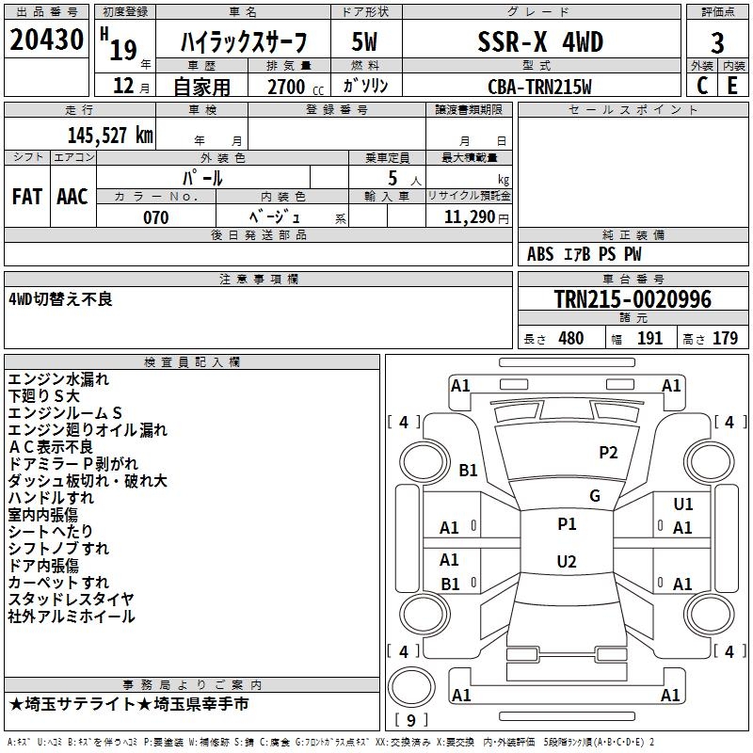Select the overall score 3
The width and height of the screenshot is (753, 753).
tap(717, 42)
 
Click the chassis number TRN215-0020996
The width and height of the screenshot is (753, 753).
tap(633, 300)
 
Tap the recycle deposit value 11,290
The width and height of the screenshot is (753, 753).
tap(475, 217)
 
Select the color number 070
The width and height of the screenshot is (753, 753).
tap(156, 217)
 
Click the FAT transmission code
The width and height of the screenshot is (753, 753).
tap(26, 196)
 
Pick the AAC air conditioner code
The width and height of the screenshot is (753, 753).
tap(72, 196)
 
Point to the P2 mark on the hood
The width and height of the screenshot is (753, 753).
tap(609, 453)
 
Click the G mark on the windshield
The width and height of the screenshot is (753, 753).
tap(595, 496)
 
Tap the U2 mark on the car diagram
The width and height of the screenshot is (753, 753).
tap(567, 562)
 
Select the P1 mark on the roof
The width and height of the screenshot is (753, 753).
tap(567, 524)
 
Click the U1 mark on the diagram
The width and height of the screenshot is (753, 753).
tap(683, 505)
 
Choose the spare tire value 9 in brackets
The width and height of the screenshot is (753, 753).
tap(410, 721)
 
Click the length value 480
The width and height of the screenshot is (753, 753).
tap(570, 339)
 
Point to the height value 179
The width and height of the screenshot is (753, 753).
tap(725, 339)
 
